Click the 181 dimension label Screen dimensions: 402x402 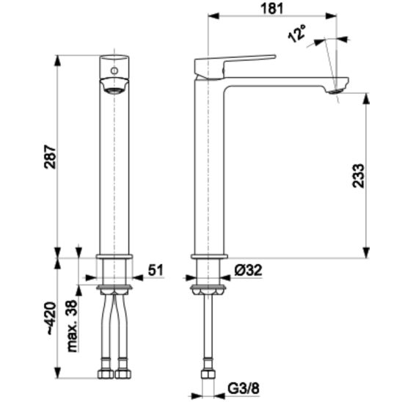tap(272, 8)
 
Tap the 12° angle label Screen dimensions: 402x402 tap(297, 33)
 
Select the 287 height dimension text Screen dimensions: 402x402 tap(50, 157)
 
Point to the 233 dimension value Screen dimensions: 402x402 tap(358, 176)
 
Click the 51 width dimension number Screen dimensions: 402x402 tap(156, 270)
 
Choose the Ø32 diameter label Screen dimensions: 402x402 tap(248, 270)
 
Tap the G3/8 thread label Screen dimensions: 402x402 tap(244, 388)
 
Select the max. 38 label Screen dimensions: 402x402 tap(72, 326)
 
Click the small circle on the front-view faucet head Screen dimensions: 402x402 tap(114, 70)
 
